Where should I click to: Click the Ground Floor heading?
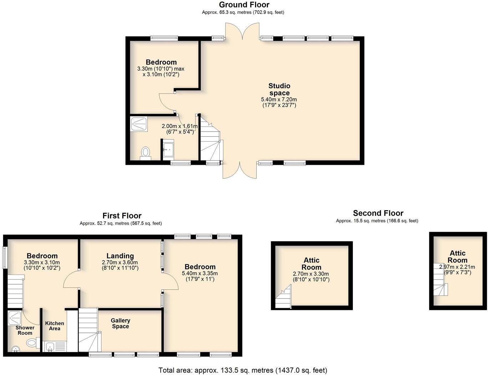pos(244,5)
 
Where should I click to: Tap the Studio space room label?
pos(279,89)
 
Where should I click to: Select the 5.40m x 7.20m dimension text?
pos(279,99)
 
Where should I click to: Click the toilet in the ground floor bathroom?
pos(146,152)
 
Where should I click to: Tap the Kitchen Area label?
pos(55,326)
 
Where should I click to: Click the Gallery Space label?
pos(121,323)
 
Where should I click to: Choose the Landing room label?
pos(120,256)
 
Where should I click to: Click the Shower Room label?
pos(25,330)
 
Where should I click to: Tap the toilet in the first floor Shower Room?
pos(32,342)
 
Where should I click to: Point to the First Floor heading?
pos(122,216)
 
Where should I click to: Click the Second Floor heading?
pos(378,213)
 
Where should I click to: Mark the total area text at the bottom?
pos(243,370)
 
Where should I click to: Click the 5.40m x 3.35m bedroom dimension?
pos(200,273)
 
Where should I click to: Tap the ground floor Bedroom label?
pos(161,62)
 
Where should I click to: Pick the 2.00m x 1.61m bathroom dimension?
pos(179,126)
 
